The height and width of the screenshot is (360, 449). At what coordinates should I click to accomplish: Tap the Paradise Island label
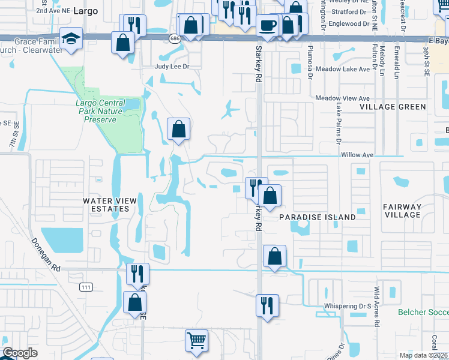[x=317, y=217]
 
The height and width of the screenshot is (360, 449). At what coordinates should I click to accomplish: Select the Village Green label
[x=393, y=107]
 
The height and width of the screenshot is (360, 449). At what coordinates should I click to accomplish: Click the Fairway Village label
[x=402, y=211]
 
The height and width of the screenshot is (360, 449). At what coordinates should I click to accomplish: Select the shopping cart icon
[x=196, y=340]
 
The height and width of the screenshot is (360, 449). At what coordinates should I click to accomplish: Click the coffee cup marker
[x=267, y=25]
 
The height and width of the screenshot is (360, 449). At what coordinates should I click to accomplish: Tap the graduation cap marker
[x=71, y=38]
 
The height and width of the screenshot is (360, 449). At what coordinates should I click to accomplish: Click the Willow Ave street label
[x=357, y=155]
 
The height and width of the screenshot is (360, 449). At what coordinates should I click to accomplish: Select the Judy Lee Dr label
[x=172, y=67]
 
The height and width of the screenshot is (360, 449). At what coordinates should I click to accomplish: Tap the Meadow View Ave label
[x=342, y=98]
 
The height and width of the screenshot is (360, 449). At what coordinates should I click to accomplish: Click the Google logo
[x=20, y=353]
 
